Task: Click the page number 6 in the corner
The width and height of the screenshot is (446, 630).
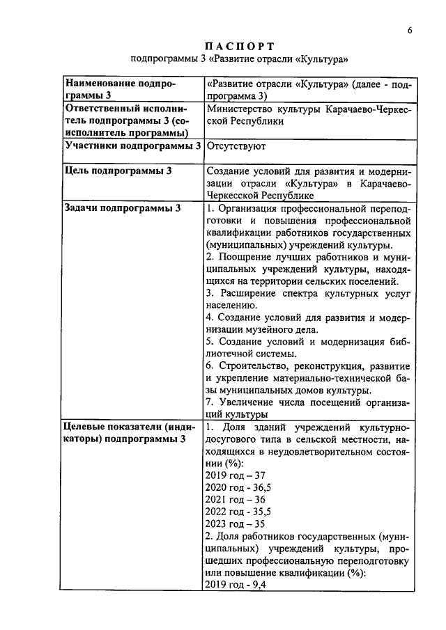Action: click(x=410, y=30)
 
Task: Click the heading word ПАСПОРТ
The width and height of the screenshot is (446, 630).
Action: click(x=239, y=46)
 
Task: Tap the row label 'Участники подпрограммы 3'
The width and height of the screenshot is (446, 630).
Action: click(x=132, y=146)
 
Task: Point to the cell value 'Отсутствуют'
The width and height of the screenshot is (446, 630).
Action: click(x=236, y=147)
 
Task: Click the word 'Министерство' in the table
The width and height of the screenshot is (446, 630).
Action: click(x=240, y=109)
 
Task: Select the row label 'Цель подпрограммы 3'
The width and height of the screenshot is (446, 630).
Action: click(x=118, y=171)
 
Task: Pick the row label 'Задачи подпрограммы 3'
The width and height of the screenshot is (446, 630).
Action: click(x=122, y=207)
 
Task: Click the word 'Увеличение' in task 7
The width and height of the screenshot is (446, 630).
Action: click(x=248, y=402)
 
